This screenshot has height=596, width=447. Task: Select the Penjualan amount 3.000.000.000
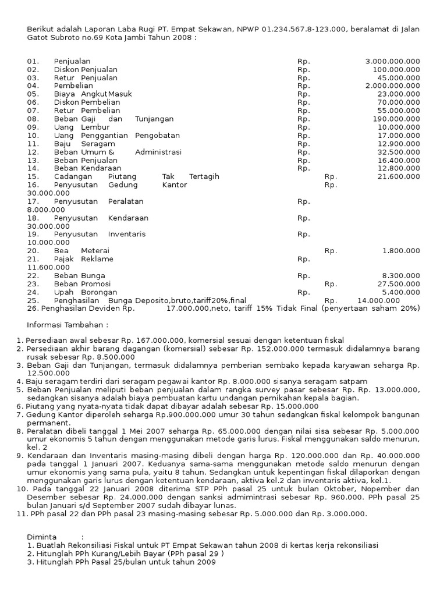[392, 61]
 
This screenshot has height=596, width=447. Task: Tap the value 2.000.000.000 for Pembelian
[392, 86]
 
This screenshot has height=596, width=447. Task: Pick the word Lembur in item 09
[95, 127]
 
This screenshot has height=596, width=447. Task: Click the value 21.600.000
[399, 176]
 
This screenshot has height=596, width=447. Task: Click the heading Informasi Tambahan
[68, 325]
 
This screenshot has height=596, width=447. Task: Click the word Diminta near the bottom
[42, 537]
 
